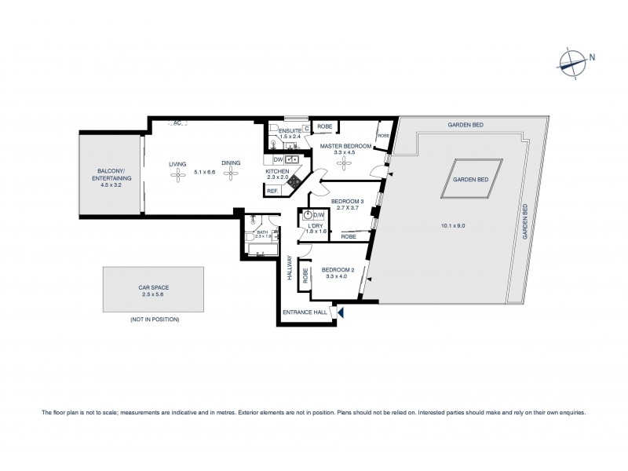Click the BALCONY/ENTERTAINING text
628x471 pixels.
pyautogui.click(x=109, y=174)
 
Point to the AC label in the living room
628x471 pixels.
pyautogui.click(x=177, y=122)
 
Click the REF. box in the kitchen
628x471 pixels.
pyautogui.click(x=272, y=191)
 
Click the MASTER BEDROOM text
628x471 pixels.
pyautogui.click(x=345, y=146)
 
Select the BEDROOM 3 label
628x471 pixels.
pyautogui.click(x=347, y=202)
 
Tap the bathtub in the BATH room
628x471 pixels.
pyautogui.click(x=261, y=250)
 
